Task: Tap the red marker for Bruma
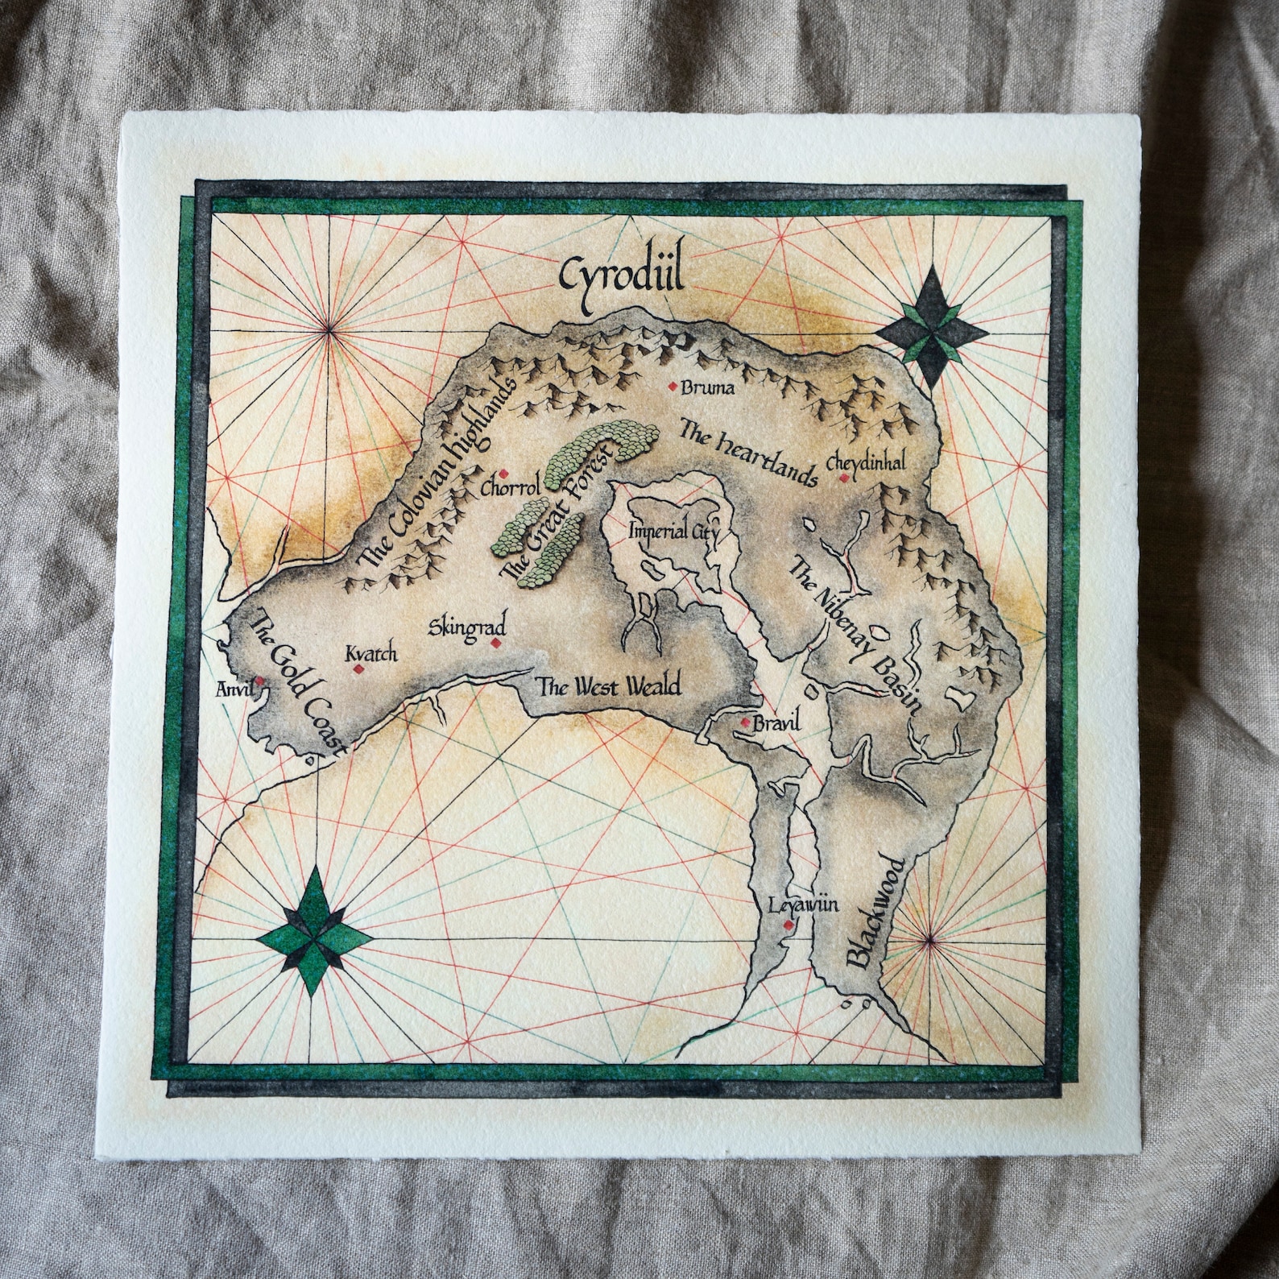tap(673, 387)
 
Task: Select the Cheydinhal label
tap(865, 462)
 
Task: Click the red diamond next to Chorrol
tap(503, 474)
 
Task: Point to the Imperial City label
tap(668, 532)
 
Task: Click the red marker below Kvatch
tap(358, 668)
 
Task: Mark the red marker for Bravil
tap(746, 722)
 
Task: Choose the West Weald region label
tap(609, 687)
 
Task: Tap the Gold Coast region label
tap(296, 681)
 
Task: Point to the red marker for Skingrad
tap(495, 643)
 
